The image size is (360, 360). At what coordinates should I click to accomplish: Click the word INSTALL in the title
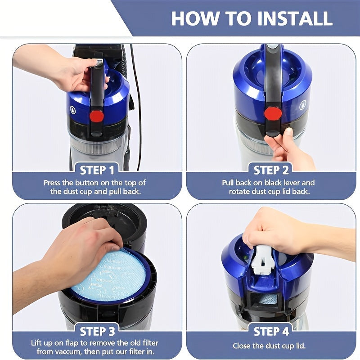(x=295, y=18)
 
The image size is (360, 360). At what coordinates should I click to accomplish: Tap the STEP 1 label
(x=97, y=171)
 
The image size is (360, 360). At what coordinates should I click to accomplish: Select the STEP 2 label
(x=271, y=171)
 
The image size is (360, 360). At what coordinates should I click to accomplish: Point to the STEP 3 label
(x=97, y=332)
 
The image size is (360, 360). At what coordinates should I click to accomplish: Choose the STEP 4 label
(x=271, y=332)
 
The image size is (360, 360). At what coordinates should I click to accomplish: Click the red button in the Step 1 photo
(x=97, y=116)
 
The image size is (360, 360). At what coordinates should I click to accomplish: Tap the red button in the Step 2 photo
(x=273, y=113)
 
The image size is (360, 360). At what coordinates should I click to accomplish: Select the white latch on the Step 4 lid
(x=262, y=260)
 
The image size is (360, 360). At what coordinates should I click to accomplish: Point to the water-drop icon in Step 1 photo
(x=73, y=110)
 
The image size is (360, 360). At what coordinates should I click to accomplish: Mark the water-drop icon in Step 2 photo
(x=303, y=105)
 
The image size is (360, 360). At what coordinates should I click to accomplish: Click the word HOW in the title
(x=195, y=18)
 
